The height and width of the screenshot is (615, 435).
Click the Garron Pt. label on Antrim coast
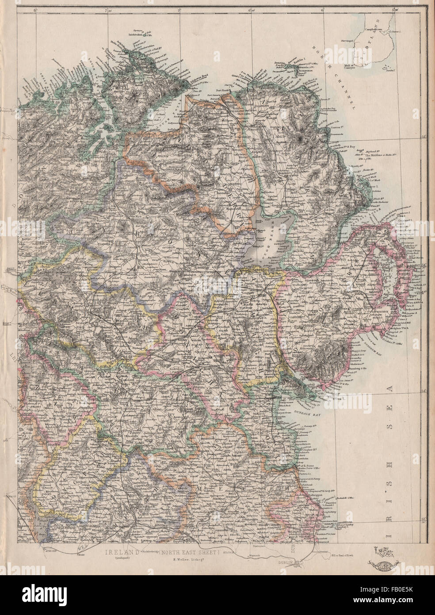338,126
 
